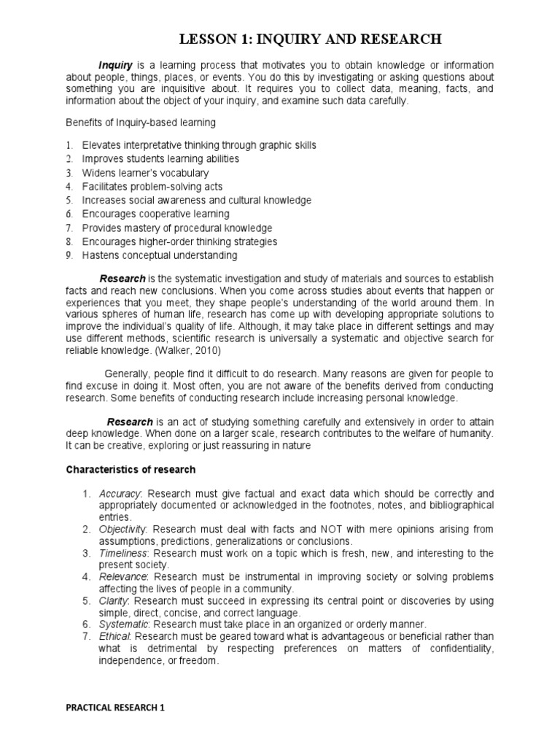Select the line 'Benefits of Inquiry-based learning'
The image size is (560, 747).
[141, 122]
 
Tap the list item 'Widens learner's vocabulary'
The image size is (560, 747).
[145, 173]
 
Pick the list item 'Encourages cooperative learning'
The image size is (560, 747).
[155, 214]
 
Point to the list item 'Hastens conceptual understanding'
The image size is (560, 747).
[159, 255]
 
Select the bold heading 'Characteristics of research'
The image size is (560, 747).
[131, 469]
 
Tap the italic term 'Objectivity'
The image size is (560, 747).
[122, 529]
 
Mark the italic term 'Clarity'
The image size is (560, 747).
[114, 601]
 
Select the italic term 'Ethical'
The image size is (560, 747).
[114, 637]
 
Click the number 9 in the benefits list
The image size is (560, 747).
[69, 255]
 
